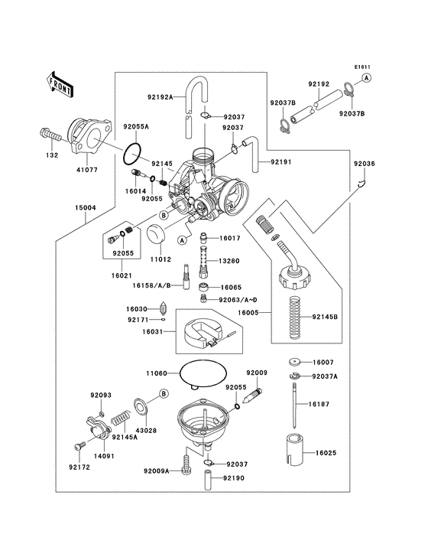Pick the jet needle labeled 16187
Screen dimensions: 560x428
coord(297,413)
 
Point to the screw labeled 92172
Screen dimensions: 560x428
coord(78,446)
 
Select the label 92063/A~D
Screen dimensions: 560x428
coord(238,300)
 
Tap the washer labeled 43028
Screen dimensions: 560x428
coord(141,405)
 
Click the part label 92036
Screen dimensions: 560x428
coord(364,164)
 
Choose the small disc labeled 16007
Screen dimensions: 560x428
coord(295,362)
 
